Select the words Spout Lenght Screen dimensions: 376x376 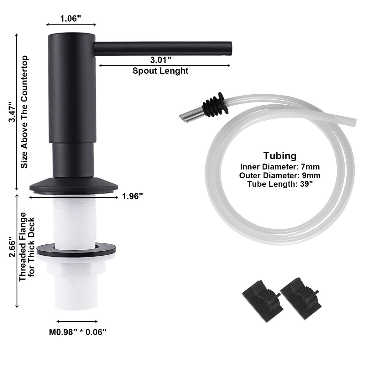(160, 70)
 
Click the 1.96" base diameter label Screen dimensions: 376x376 (133, 197)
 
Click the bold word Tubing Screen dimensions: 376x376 (279, 156)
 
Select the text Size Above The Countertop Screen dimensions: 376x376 (25, 112)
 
